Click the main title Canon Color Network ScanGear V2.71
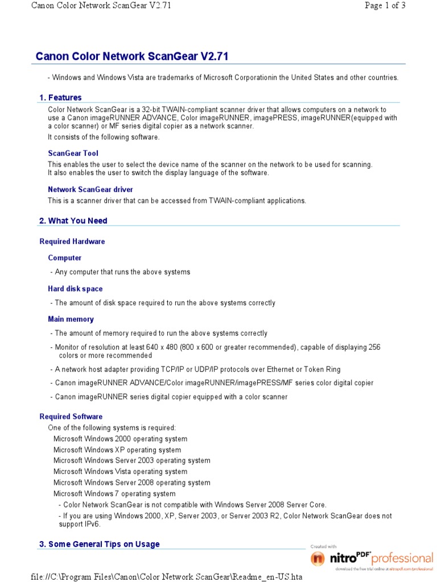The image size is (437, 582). click(132, 56)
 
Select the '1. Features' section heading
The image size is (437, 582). click(60, 97)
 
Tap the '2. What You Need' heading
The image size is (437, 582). click(73, 221)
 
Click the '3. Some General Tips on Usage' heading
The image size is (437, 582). click(100, 544)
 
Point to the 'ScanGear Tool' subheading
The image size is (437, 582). click(73, 153)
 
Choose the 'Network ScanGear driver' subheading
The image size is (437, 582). click(90, 189)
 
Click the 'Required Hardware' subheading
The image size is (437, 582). click(72, 242)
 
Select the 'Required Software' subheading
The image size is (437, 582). click(71, 417)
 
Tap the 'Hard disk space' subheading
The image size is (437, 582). click(75, 289)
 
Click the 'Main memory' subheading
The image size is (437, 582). click(71, 319)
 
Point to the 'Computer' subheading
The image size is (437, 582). click(65, 258)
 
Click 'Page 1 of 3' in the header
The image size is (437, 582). click(385, 6)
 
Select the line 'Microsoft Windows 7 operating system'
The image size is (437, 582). click(114, 493)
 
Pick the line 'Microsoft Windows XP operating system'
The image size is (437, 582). click(117, 450)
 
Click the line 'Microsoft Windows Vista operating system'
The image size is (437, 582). click(120, 471)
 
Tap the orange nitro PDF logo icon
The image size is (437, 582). click(318, 559)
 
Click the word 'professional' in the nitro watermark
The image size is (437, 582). click(402, 558)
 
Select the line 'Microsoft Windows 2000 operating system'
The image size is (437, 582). click(120, 439)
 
